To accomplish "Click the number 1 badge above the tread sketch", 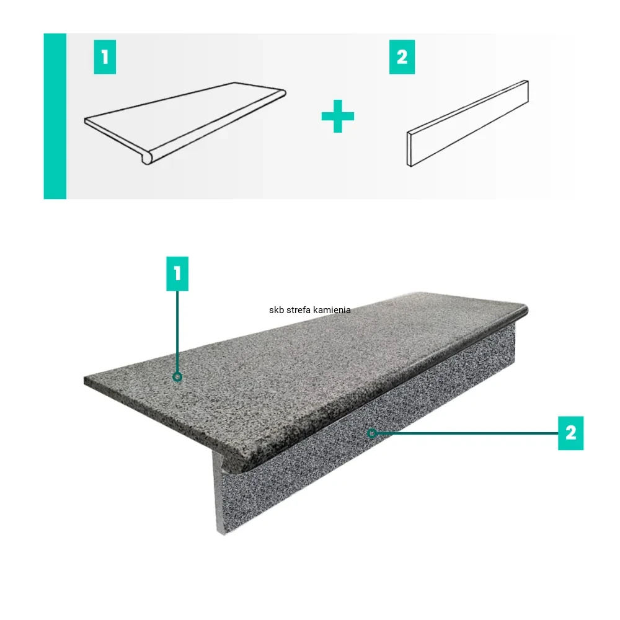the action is click(105, 57).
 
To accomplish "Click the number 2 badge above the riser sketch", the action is click(402, 57).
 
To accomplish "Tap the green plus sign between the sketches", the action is click(338, 117).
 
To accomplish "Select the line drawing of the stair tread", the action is click(185, 123).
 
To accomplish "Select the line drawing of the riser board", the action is click(467, 123).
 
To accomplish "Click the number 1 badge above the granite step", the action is click(177, 273).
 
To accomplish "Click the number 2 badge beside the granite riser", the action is click(570, 433).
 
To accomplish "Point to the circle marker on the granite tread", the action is click(177, 377).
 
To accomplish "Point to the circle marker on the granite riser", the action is click(371, 433).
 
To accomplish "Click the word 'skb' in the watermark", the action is click(275, 310).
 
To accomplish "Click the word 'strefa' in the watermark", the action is click(296, 310).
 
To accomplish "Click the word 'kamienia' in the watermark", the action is click(331, 310).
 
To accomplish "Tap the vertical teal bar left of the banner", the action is click(55, 117).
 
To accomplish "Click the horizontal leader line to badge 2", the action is click(467, 433).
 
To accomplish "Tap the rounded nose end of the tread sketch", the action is click(147, 160).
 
